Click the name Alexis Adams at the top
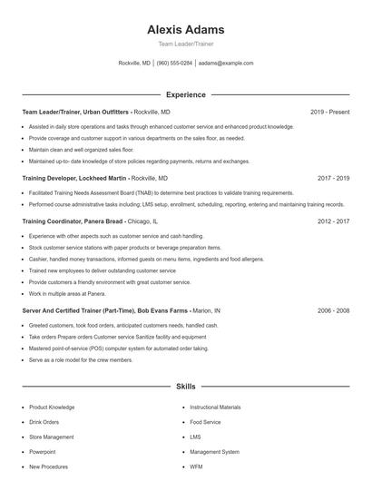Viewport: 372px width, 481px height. (x=186, y=30)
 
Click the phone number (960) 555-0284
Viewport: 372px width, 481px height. (x=174, y=64)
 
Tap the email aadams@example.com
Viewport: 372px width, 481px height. (x=226, y=64)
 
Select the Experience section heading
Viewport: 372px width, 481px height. (x=186, y=94)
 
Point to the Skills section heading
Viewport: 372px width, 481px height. (x=186, y=387)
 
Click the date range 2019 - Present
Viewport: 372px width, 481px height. (x=329, y=112)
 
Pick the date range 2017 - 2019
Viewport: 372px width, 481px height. (x=333, y=179)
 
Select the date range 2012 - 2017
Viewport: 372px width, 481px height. (x=333, y=221)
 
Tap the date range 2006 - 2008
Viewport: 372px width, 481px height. (x=333, y=309)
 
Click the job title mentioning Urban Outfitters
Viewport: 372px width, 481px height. (x=77, y=112)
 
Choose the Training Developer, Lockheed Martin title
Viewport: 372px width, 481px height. (x=75, y=179)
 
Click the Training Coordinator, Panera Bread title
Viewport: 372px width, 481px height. (x=73, y=221)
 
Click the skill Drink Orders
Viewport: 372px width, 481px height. (x=44, y=422)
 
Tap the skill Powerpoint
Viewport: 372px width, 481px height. (x=42, y=451)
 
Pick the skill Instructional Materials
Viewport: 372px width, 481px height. (x=215, y=407)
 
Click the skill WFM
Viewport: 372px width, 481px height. (x=196, y=466)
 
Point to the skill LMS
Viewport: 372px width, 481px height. (x=195, y=437)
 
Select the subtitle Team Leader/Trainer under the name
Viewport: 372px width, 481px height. (x=186, y=44)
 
